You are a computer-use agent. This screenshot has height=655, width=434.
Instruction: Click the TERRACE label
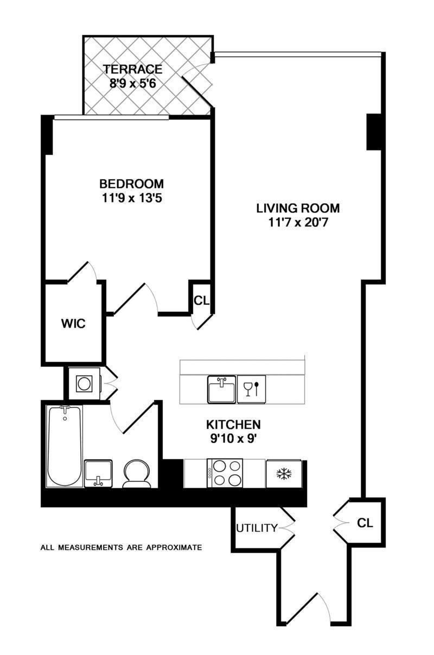tap(133, 70)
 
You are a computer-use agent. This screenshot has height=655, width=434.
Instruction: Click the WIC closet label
tap(73, 324)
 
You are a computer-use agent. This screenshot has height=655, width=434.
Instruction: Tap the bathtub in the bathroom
tap(65, 446)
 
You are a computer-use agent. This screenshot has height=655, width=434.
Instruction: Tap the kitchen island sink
tap(221, 389)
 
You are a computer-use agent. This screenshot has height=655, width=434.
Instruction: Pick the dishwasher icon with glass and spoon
tap(251, 389)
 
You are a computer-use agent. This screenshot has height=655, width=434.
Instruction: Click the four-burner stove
tap(225, 473)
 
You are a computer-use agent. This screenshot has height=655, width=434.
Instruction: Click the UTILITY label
tap(257, 528)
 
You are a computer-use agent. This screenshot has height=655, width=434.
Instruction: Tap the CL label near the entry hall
tap(365, 523)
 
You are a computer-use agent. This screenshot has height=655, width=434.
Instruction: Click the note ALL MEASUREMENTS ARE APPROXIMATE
tap(122, 547)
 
